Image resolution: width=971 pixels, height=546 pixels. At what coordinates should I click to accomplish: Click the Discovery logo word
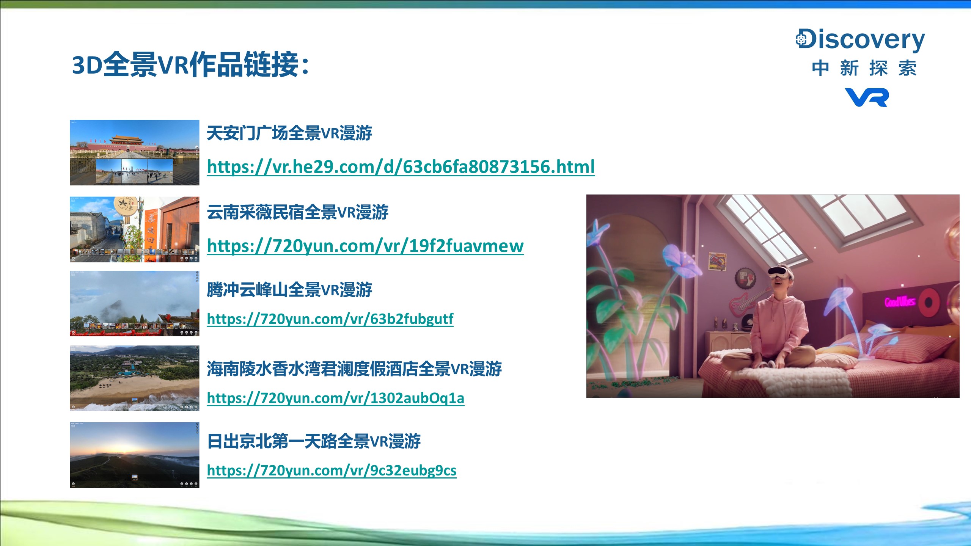[x=860, y=40]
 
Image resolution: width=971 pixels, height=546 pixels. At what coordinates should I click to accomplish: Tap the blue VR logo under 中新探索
[x=867, y=97]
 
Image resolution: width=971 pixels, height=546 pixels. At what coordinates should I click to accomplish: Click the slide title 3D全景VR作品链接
[x=190, y=64]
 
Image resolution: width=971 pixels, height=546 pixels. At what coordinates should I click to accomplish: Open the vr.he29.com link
[x=401, y=167]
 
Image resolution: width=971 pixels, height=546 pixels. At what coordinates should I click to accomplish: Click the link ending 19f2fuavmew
[x=365, y=246]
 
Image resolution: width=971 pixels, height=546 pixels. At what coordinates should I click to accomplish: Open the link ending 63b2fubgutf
[x=330, y=319]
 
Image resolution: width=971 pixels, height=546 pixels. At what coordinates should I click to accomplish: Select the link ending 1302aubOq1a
[x=336, y=398]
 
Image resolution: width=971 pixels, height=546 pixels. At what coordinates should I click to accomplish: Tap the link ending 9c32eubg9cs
[x=332, y=471]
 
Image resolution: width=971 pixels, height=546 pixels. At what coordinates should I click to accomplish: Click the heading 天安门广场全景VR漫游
[x=289, y=133]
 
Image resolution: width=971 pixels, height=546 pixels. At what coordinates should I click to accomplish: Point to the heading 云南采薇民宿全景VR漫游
[x=298, y=212]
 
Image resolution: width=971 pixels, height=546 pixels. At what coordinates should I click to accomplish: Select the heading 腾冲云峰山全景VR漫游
[x=289, y=290]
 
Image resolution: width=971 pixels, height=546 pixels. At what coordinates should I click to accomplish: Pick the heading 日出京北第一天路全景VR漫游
[x=314, y=441]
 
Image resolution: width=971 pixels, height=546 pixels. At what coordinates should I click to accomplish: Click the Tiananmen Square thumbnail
[x=135, y=152]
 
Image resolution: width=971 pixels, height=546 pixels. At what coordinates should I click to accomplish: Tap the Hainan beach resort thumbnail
[x=135, y=378]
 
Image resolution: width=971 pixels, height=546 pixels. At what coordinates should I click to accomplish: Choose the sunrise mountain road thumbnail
[x=135, y=455]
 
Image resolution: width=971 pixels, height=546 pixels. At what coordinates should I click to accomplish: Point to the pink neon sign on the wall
[x=900, y=301]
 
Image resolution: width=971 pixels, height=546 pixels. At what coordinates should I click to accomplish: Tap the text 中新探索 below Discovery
[x=864, y=68]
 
